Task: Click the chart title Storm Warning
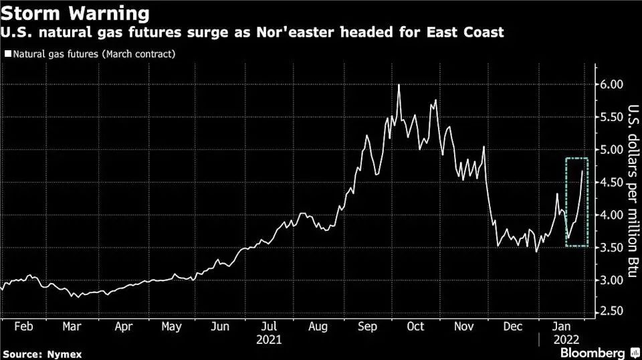(x=76, y=13)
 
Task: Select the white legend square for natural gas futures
(x=7, y=54)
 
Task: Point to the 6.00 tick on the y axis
(x=611, y=84)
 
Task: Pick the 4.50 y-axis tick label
(x=611, y=182)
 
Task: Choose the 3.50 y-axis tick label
(x=611, y=248)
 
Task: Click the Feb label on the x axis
(x=23, y=328)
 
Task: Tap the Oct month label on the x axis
(x=416, y=328)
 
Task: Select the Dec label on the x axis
(x=514, y=328)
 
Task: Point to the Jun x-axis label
(x=220, y=328)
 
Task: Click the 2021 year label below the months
(x=269, y=339)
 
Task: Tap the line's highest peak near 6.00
(x=399, y=85)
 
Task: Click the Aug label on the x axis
(x=318, y=328)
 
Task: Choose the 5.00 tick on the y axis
(x=611, y=149)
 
